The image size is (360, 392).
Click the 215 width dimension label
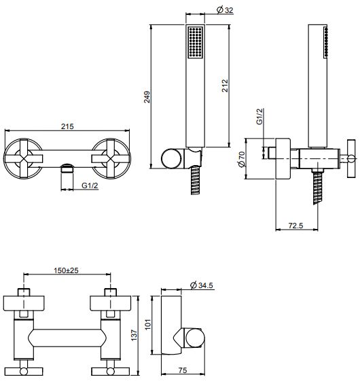[67, 126]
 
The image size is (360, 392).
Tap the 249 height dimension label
[147, 97]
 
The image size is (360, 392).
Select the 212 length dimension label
[225, 86]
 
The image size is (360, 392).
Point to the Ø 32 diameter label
[225, 10]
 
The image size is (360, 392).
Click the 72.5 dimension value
[295, 226]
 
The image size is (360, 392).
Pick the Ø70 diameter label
[242, 159]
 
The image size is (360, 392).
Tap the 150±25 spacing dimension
[67, 270]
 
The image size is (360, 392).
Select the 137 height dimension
[134, 335]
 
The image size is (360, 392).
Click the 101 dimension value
[148, 324]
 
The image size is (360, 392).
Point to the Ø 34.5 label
[202, 285]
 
